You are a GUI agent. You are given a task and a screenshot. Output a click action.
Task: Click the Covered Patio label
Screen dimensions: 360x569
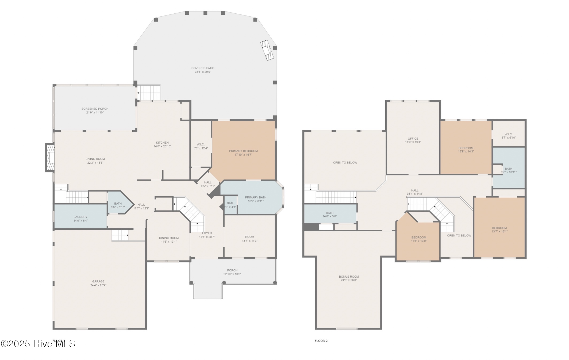(203, 68)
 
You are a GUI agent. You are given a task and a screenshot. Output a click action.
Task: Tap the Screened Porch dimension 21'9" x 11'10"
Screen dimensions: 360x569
(95, 113)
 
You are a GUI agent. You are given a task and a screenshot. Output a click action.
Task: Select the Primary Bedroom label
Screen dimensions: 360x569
(243, 151)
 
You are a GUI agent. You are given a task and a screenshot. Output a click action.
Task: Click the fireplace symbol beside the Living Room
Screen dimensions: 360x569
(50, 158)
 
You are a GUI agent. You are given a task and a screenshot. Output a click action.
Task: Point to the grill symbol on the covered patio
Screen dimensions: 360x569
(267, 50)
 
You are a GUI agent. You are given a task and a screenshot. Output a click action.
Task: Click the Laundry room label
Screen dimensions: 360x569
(80, 217)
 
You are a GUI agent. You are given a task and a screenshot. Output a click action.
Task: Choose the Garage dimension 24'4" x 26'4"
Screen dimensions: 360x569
(98, 285)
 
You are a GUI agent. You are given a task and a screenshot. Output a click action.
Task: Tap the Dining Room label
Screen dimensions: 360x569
(169, 238)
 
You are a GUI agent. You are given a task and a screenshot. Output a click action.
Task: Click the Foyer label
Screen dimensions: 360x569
(207, 233)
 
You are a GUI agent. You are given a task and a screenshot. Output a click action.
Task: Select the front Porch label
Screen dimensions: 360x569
(232, 270)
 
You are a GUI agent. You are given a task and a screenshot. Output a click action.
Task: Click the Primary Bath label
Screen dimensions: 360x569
(255, 197)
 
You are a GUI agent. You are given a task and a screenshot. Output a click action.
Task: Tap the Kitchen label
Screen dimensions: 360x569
(162, 143)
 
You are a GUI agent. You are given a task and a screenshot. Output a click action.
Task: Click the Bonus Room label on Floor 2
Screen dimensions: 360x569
(349, 277)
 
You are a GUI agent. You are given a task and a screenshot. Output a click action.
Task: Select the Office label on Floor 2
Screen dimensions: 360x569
(413, 139)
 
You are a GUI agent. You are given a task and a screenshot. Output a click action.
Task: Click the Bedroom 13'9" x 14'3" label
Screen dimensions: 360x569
(466, 148)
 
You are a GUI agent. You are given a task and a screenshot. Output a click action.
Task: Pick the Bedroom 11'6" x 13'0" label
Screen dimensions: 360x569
(419, 237)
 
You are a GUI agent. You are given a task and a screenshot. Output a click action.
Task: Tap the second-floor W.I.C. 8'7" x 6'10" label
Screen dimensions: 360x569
(508, 134)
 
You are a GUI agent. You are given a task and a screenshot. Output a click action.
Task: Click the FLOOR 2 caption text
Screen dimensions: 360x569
(321, 340)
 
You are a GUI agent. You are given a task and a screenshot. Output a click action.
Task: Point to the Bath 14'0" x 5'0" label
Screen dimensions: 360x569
(329, 213)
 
